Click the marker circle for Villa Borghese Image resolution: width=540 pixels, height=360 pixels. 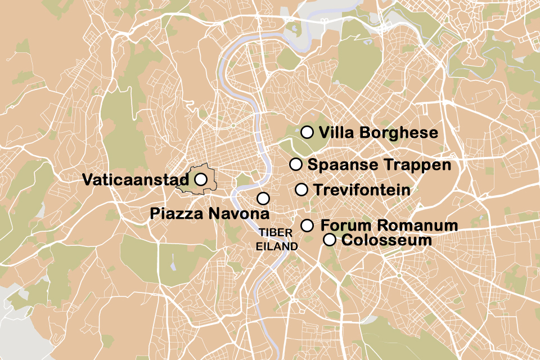307,132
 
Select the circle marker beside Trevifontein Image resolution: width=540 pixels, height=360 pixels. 301,190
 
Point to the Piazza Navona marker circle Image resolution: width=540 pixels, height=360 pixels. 263,198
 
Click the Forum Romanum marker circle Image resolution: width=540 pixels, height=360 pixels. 307,226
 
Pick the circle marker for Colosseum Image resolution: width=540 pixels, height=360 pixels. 330,240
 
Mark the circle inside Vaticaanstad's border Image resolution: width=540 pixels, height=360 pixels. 201,179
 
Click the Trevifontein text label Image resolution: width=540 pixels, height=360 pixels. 362,190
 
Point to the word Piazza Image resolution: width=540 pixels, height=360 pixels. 177,214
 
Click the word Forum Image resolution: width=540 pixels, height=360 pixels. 344,226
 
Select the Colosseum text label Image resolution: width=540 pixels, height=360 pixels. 386,240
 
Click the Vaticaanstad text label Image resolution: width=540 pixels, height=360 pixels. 135,180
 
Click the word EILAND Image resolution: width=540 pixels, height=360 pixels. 276,246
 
